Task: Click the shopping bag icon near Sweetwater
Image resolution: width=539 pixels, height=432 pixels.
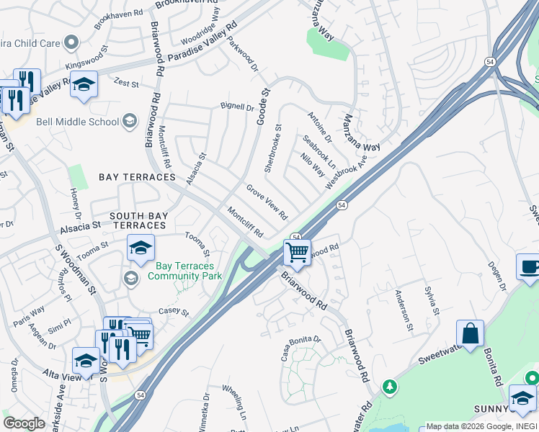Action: [x=470, y=334]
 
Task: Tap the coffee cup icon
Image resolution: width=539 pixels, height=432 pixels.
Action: [x=530, y=266]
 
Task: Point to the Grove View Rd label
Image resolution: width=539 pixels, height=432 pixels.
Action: [x=267, y=202]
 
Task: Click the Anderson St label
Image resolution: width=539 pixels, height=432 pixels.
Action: [x=403, y=310]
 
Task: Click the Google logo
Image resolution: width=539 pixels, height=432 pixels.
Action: [x=24, y=423]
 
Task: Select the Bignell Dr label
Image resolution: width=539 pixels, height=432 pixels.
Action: [x=237, y=107]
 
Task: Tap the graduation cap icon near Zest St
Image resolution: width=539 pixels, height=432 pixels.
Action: [x=84, y=85]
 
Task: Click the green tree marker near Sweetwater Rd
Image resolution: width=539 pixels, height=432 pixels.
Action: [x=390, y=387]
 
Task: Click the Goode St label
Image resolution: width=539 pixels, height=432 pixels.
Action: [x=263, y=106]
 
